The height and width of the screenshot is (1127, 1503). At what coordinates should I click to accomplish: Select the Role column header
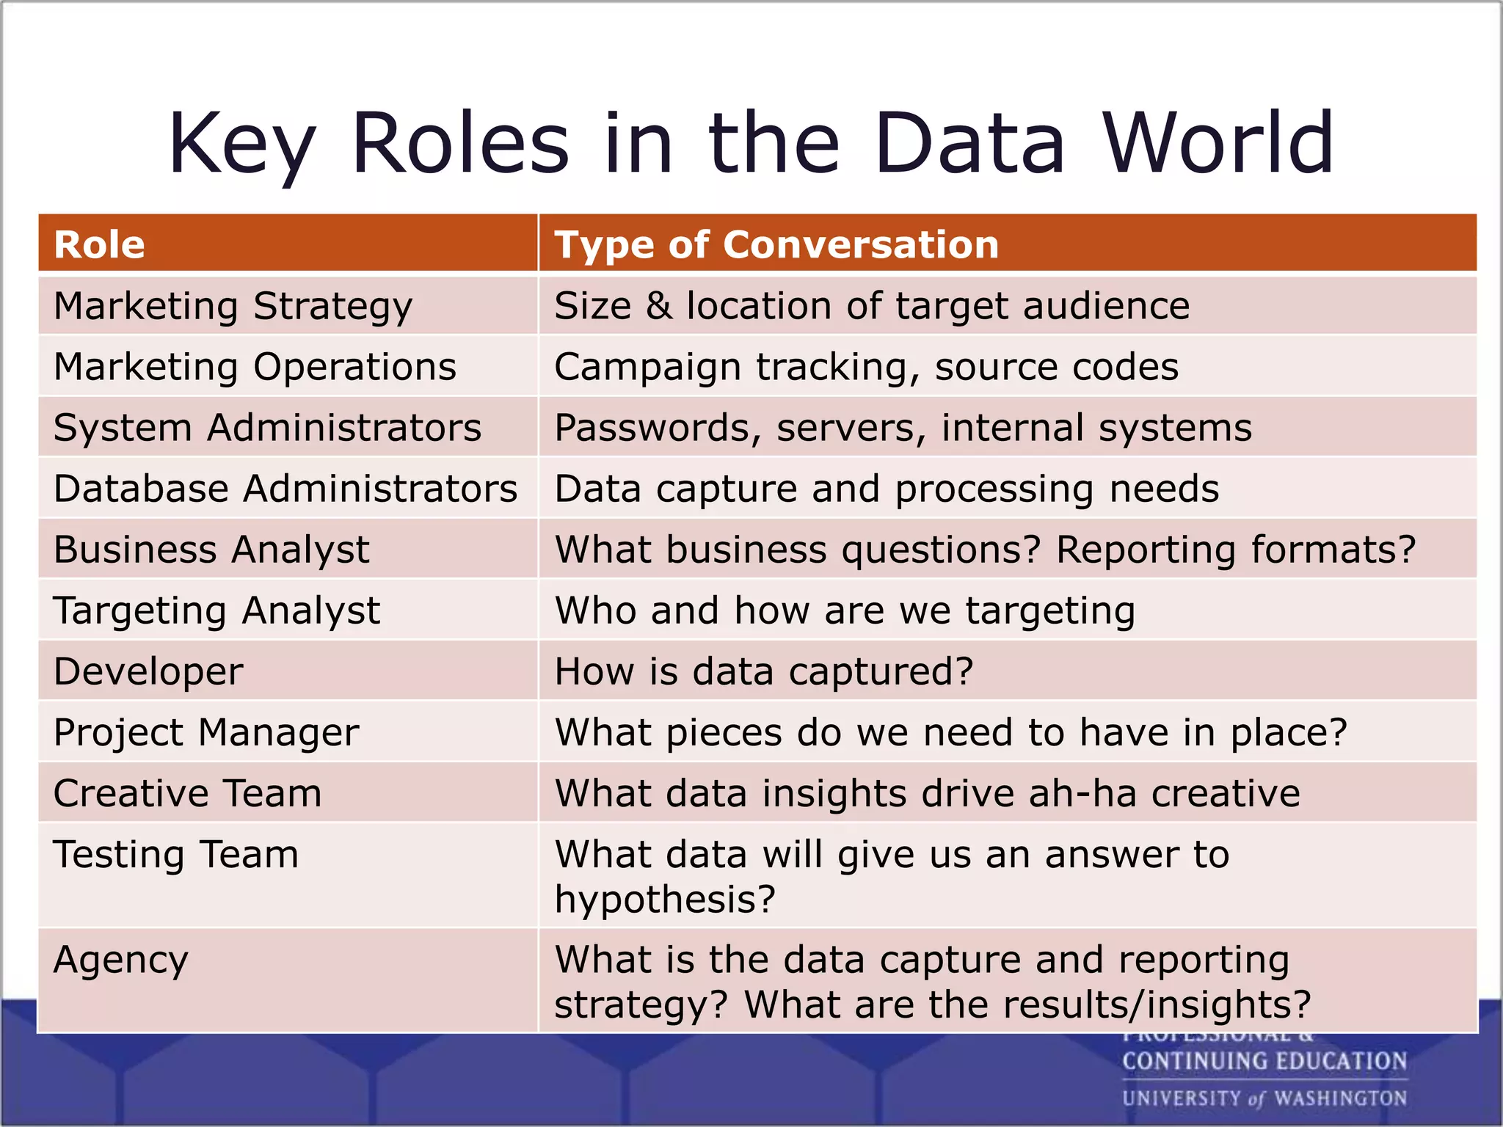pos(100,244)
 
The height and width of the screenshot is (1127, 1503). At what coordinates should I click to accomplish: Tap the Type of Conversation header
pos(776,244)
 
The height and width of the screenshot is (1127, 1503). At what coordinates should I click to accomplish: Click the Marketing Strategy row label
pos(233,306)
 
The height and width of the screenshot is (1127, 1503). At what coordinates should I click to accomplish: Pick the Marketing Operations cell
pos(255,367)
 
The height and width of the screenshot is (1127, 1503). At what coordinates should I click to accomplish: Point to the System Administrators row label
pos(267,428)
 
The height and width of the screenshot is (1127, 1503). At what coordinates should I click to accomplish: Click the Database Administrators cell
pos(285,489)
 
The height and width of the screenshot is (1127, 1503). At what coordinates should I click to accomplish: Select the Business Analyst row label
pos(211,550)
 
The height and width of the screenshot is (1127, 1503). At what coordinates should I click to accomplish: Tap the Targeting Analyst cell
pos(216,610)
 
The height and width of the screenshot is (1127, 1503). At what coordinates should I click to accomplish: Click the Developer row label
pos(148,671)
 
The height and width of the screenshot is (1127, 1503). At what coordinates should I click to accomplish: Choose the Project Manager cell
pos(206,732)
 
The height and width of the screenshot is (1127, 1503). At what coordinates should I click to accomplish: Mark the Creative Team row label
pos(187,793)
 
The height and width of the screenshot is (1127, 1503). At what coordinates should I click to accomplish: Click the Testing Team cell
pos(176,855)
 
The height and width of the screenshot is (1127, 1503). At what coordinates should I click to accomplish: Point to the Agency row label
pos(121,960)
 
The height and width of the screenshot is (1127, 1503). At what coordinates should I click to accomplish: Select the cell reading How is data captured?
pos(763,671)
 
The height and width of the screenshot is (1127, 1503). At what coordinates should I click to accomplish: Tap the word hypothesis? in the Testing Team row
pos(664,900)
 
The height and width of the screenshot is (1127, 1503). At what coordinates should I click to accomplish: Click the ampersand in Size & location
pos(658,306)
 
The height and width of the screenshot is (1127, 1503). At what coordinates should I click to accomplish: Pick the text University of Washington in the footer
pos(1264,1098)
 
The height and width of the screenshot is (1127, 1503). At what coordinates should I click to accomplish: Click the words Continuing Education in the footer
pos(1264,1061)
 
